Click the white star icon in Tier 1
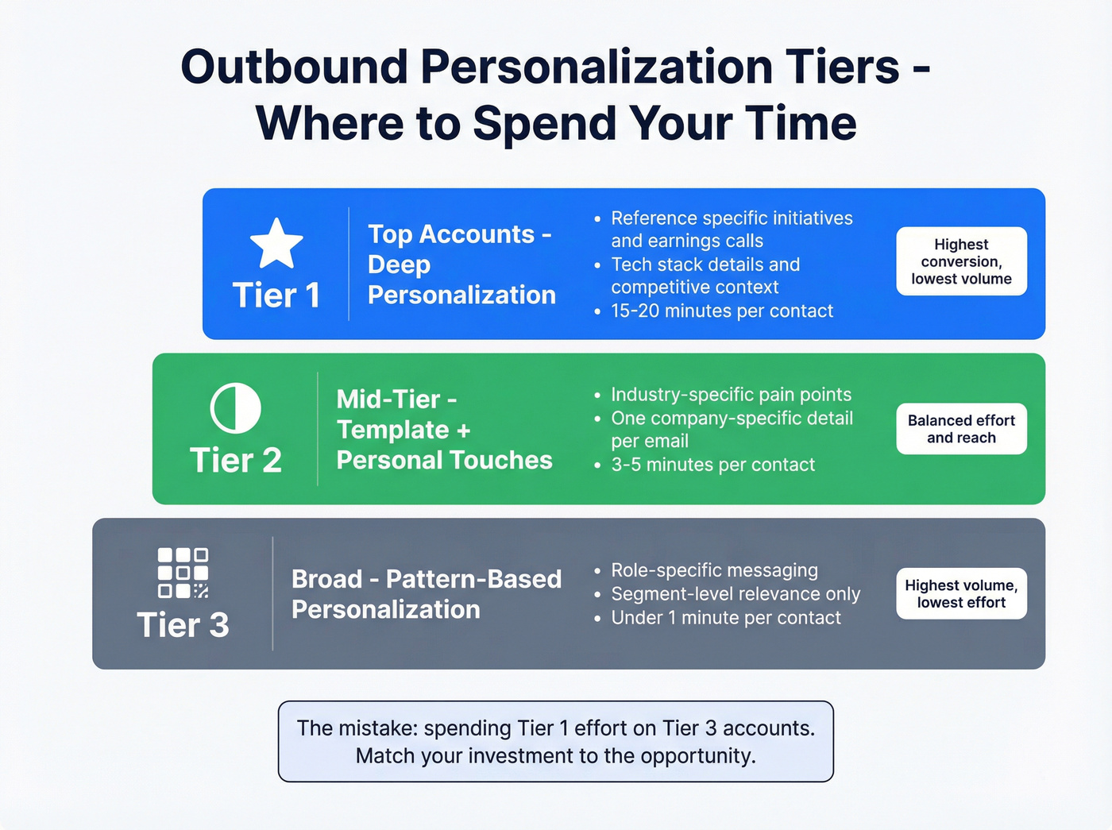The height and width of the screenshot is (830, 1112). [x=276, y=243]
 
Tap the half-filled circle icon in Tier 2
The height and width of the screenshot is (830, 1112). [x=235, y=408]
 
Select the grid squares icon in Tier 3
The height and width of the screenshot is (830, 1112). [x=183, y=573]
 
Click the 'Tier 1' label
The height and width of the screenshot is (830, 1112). [x=276, y=295]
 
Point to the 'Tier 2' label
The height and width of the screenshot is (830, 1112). [x=235, y=461]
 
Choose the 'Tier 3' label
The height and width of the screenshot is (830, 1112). [x=183, y=625]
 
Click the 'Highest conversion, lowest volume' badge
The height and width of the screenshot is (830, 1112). [x=961, y=261]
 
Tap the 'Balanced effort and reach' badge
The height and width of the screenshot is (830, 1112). [x=961, y=429]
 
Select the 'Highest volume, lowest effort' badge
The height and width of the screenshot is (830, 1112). [x=961, y=593]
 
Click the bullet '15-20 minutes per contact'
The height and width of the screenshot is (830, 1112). [x=721, y=311]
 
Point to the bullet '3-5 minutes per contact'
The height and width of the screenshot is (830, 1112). [x=712, y=465]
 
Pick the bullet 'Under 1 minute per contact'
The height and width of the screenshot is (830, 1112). [x=725, y=617]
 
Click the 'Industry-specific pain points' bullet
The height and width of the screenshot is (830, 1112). [x=731, y=395]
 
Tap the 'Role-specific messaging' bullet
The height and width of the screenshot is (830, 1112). [x=714, y=570]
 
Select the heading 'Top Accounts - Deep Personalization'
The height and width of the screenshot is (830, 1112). [x=461, y=264]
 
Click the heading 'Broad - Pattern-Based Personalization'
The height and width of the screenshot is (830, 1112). [x=427, y=594]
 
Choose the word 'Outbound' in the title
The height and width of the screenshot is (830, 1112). [x=294, y=67]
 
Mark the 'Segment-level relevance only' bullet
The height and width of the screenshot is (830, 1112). [x=736, y=594]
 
